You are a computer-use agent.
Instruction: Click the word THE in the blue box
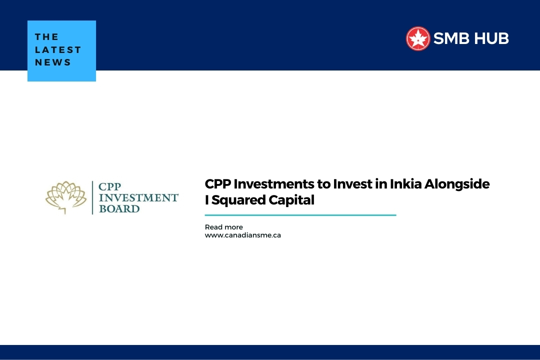click(47, 37)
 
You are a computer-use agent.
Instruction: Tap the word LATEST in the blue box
click(58, 50)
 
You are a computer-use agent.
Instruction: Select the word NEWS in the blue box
click(53, 62)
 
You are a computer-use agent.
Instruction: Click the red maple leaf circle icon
click(418, 38)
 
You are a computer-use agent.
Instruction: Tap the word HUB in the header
click(491, 38)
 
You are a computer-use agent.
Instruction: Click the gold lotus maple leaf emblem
click(65, 197)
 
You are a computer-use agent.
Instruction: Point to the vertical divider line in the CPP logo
click(92, 197)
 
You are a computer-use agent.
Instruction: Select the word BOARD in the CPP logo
click(119, 208)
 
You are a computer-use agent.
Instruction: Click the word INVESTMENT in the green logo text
click(138, 197)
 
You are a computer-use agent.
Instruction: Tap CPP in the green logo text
click(110, 186)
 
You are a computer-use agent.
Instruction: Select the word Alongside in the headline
click(457, 184)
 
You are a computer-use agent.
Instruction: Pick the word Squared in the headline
click(237, 200)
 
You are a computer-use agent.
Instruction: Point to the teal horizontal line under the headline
click(300, 215)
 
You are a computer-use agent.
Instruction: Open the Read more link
click(223, 227)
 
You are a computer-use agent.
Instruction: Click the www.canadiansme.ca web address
click(242, 235)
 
